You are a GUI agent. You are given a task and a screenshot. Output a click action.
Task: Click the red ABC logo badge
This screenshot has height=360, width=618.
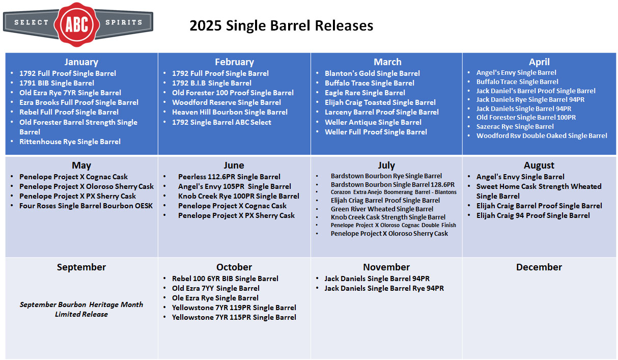pyautogui.click(x=77, y=24)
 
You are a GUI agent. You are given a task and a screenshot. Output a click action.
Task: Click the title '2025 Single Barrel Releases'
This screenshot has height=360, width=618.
pyautogui.click(x=282, y=25)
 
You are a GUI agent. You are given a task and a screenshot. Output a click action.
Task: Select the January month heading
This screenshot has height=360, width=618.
pyautogui.click(x=81, y=62)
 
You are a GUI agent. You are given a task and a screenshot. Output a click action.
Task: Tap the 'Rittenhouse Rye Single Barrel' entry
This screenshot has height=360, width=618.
pyautogui.click(x=70, y=142)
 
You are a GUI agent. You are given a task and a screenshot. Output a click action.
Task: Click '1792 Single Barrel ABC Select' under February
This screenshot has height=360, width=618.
pyautogui.click(x=221, y=122)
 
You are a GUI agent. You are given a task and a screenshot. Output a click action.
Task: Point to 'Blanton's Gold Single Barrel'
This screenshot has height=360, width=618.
pyautogui.click(x=372, y=73)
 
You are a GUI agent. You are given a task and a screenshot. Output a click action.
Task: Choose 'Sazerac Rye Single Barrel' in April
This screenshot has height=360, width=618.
pyautogui.click(x=515, y=127)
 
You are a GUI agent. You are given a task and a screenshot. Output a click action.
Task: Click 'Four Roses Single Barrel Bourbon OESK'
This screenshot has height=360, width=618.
pyautogui.click(x=86, y=206)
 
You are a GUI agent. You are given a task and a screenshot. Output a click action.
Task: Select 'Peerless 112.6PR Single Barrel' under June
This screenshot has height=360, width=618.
pyautogui.click(x=229, y=177)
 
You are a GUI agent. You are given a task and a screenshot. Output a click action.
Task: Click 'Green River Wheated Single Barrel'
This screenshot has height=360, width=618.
pyautogui.click(x=382, y=209)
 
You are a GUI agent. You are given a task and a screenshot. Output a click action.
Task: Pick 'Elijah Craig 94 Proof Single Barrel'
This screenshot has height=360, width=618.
pyautogui.click(x=533, y=215)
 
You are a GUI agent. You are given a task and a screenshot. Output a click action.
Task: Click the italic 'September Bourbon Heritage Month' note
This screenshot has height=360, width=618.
pyautogui.click(x=81, y=304)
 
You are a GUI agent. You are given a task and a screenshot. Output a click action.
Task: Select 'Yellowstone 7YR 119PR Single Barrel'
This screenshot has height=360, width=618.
pyautogui.click(x=234, y=308)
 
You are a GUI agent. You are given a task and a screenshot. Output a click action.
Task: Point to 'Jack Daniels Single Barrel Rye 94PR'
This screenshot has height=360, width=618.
pyautogui.click(x=384, y=288)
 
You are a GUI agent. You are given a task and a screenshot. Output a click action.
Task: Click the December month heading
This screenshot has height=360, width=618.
pyautogui.click(x=539, y=267)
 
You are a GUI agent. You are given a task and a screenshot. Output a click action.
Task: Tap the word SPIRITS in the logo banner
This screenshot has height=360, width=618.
pyautogui.click(x=124, y=22)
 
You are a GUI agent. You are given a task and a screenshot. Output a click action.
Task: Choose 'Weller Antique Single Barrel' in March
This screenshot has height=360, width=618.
pyautogui.click(x=373, y=122)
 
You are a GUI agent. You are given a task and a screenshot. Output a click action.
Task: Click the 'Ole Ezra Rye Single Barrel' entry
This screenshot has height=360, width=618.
pyautogui.click(x=215, y=298)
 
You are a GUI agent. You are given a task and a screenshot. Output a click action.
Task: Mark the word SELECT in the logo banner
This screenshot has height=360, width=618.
pyautogui.click(x=31, y=22)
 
